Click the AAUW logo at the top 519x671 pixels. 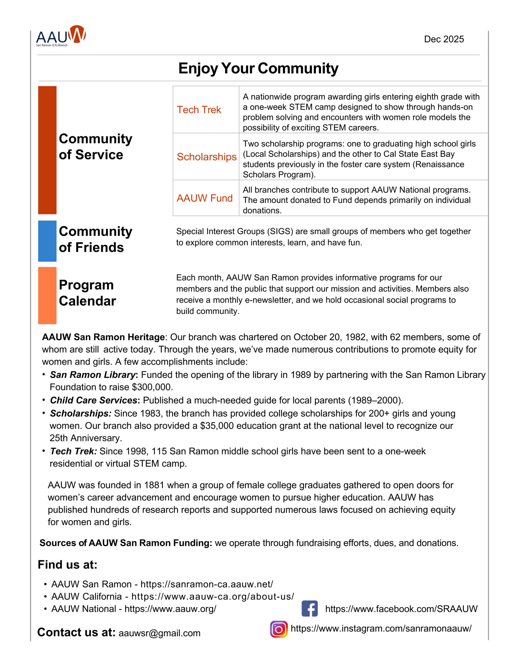(x=61, y=36)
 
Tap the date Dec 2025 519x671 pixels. (x=444, y=39)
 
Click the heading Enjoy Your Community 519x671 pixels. (x=258, y=68)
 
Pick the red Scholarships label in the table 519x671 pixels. (x=206, y=157)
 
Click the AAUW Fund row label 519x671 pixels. (x=205, y=198)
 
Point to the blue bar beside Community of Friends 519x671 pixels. (x=47, y=241)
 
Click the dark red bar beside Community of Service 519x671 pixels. (x=47, y=150)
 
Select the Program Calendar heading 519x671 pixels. (x=87, y=293)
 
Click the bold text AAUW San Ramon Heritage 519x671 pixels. (x=103, y=337)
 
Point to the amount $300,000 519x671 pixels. (x=152, y=387)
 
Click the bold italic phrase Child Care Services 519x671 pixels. (x=93, y=400)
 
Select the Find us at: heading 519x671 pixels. (x=67, y=565)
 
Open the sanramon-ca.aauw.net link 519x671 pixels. (x=207, y=584)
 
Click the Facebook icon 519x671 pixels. (x=310, y=609)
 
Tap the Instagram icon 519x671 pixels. (x=279, y=629)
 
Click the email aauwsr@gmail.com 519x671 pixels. (x=159, y=633)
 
